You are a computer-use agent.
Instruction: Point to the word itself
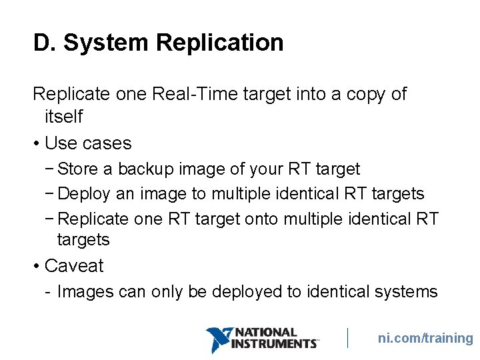(x=63, y=117)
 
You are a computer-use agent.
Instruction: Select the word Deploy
(x=85, y=194)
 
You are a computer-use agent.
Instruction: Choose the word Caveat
(x=74, y=266)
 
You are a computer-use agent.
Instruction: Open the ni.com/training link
(x=425, y=339)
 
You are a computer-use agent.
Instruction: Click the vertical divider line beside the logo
(x=348, y=338)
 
